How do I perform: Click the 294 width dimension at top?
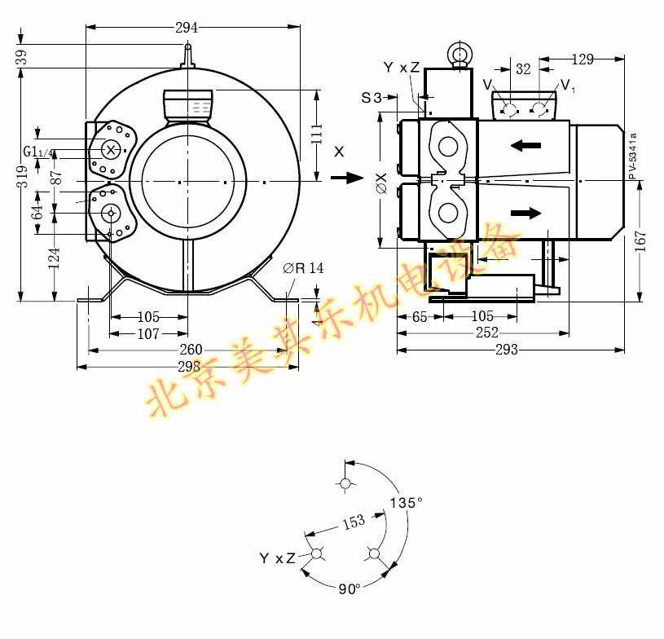tap(187, 27)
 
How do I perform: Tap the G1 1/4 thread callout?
tap(38, 152)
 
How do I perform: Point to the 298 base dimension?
tap(188, 367)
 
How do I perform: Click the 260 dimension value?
tap(190, 350)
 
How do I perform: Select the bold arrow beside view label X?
tap(350, 178)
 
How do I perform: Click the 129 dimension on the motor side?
tap(583, 59)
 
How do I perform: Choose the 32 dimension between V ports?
tap(523, 69)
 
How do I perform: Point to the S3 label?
tap(371, 98)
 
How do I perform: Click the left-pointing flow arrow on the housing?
tap(525, 146)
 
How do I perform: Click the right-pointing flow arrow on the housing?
tap(525, 214)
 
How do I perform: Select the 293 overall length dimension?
tap(506, 350)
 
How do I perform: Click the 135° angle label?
tap(406, 503)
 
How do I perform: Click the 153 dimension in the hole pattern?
tap(353, 522)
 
